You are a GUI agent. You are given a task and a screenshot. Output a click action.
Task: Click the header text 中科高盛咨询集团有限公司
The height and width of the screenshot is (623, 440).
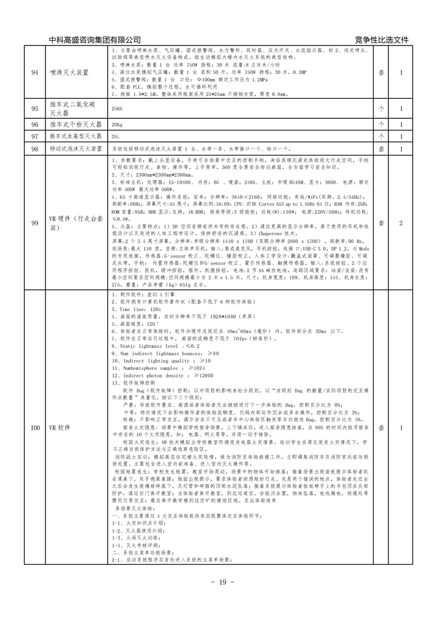coord(94,40)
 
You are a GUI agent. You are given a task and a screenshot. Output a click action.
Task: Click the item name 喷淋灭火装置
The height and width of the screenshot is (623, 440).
coord(69,72)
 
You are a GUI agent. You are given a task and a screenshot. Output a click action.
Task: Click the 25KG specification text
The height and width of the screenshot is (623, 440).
coord(117,109)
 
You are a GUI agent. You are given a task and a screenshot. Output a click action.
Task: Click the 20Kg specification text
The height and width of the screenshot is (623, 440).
coord(117,124)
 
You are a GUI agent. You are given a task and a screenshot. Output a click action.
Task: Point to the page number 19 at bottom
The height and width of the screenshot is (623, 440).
coord(220,582)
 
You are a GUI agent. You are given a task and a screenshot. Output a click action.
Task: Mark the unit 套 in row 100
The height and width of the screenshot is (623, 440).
coord(381,428)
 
